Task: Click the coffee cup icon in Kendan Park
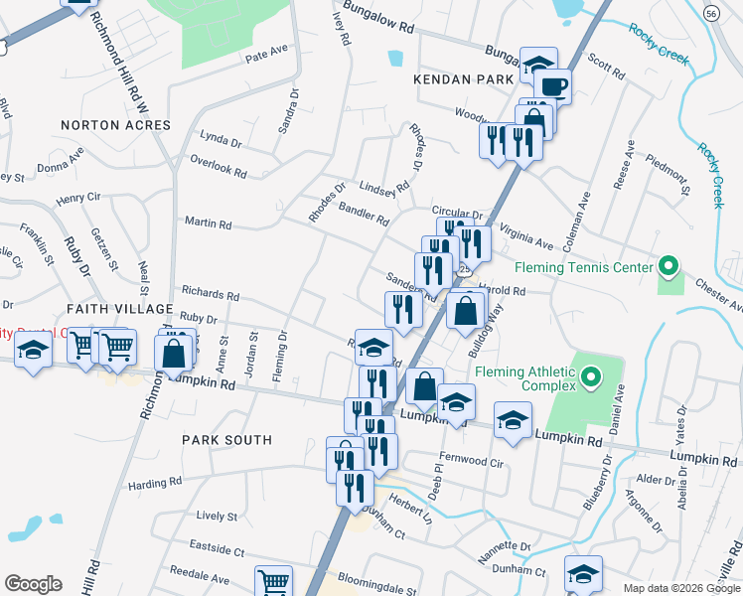[555, 87]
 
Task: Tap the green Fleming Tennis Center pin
[669, 267]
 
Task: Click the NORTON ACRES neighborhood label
[115, 125]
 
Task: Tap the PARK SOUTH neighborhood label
[226, 439]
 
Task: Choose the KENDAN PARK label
[459, 75]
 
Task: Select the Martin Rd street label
[207, 223]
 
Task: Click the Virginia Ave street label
[525, 235]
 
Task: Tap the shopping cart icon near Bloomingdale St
[273, 582]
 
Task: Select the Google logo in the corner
[33, 583]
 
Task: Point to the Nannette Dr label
[505, 546]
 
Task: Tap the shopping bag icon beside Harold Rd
[465, 312]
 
